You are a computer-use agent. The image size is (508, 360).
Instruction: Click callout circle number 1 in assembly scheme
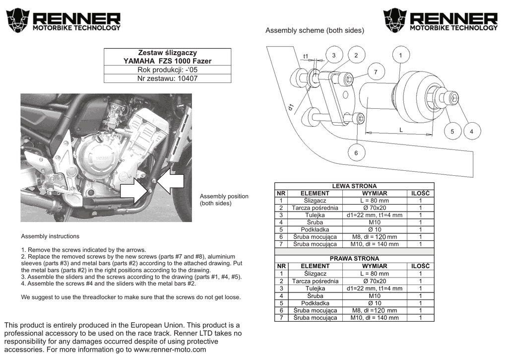pos(400,56)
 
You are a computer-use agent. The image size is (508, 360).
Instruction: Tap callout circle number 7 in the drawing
pos(376,72)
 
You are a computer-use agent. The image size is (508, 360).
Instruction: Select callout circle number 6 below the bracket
pos(356,153)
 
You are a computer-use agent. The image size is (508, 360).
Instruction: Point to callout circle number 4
pos(471,131)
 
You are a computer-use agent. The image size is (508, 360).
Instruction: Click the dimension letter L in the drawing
pos(401,130)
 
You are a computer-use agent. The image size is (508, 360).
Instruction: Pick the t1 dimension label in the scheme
pos(306,56)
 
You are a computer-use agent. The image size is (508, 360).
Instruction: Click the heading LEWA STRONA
pos(354,186)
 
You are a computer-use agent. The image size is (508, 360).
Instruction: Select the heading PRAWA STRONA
pos(354,259)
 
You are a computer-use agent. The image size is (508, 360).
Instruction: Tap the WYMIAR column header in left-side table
pos(375,193)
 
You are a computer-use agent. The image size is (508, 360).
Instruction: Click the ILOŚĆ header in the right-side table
pos(420,266)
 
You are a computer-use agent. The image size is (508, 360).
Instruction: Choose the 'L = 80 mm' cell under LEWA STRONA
pos(375,201)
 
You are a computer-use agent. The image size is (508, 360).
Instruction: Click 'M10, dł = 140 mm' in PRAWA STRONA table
pos(375,318)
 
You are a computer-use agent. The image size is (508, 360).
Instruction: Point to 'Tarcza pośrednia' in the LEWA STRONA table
pos(315,208)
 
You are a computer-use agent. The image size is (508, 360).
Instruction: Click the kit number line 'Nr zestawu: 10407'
pos(167,78)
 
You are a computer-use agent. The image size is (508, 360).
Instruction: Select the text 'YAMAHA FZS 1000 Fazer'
pos(167,61)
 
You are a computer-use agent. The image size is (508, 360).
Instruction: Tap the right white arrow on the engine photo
pos(170,181)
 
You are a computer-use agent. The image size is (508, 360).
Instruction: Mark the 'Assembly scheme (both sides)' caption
pos(315,31)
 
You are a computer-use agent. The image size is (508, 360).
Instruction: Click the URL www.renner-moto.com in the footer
pos(170,350)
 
